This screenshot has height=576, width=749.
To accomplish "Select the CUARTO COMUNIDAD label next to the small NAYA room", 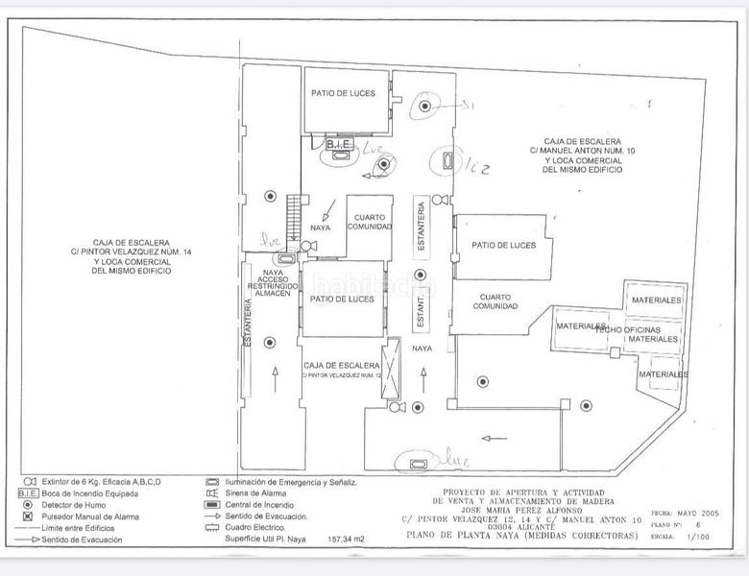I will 369,222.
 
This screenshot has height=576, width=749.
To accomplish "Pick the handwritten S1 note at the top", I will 468,105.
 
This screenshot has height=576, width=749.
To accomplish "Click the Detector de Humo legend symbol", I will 28,504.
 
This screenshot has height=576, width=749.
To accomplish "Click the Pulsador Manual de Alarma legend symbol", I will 28,516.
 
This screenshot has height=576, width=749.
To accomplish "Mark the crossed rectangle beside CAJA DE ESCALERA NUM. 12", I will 390,367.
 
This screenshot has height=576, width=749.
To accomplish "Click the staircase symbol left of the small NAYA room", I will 294,212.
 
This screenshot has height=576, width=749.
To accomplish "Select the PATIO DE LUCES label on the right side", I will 503,245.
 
